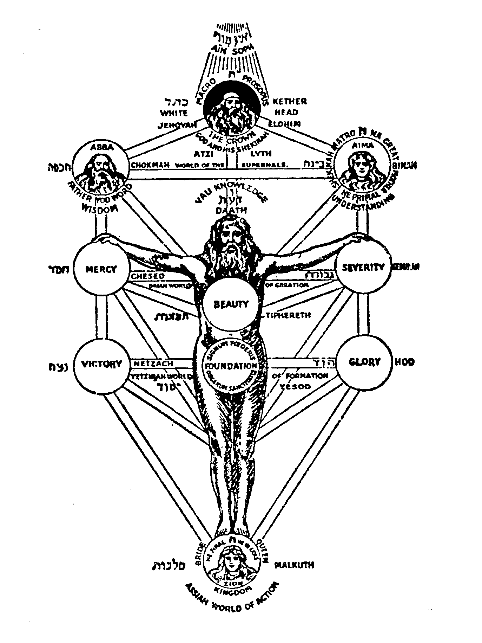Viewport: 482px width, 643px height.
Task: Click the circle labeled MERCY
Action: click(101, 269)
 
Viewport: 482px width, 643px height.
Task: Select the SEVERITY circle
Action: click(364, 267)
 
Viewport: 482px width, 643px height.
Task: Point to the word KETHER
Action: click(290, 102)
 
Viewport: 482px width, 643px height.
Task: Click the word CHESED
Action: click(148, 276)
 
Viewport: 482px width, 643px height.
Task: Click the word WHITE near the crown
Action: click(174, 113)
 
